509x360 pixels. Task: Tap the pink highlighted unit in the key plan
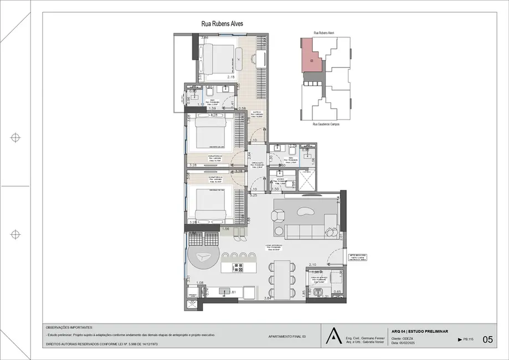pyautogui.click(x=311, y=56)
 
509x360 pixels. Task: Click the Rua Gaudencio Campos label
pyautogui.click(x=326, y=124)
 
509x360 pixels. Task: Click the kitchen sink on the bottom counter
pyautogui.click(x=224, y=290)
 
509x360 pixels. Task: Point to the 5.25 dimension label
pyautogui.click(x=254, y=196)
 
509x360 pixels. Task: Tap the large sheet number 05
pyautogui.click(x=487, y=340)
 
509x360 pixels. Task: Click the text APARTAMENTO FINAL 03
pyautogui.click(x=287, y=336)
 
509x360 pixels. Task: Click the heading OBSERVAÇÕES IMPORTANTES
pyautogui.click(x=70, y=327)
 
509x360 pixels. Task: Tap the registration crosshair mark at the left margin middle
pyautogui.click(x=16, y=137)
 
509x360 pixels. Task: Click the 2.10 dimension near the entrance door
pyautogui.click(x=312, y=265)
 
